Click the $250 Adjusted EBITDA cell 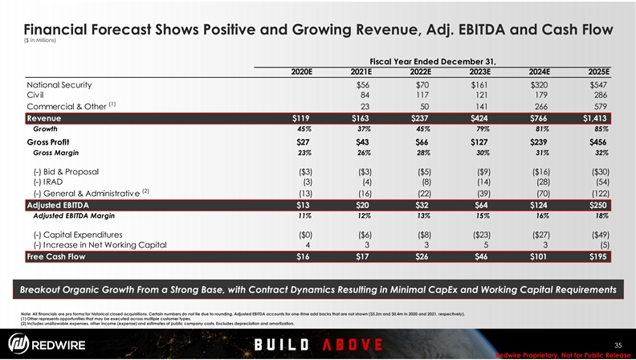tap(597, 205)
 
